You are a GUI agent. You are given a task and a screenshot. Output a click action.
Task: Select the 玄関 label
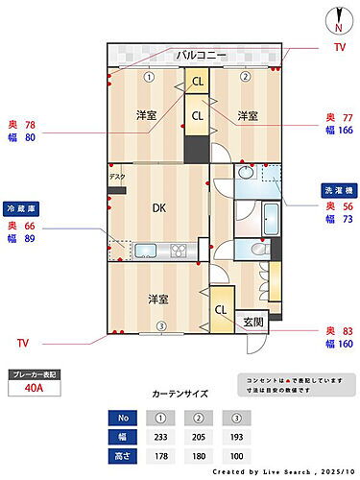[253, 322]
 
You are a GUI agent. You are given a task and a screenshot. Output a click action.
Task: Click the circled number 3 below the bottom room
[162, 325]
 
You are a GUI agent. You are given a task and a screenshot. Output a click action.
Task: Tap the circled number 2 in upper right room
[245, 77]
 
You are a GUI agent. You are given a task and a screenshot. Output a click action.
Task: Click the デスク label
[116, 177]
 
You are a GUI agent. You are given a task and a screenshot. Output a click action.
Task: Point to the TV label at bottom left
[23, 342]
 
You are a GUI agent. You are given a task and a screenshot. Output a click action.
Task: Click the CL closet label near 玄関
[220, 310]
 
